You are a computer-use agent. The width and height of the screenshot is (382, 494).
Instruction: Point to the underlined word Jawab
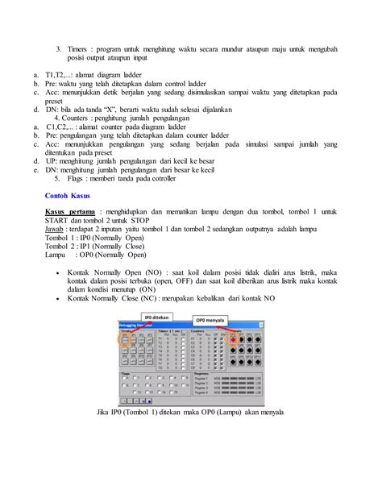[56, 228]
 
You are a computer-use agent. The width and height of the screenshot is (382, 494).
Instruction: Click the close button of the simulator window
[260, 325]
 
